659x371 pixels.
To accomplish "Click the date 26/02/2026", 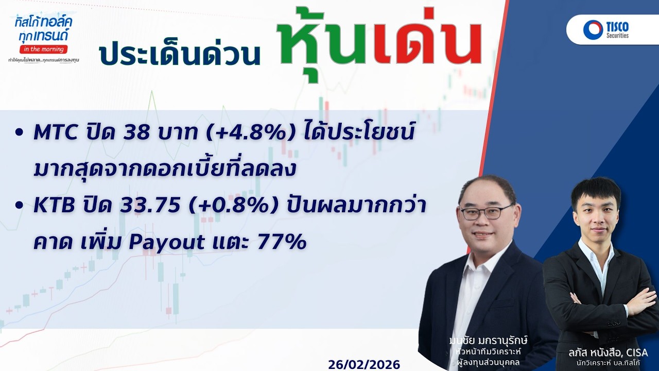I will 364,364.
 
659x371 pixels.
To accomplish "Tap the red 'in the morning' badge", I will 43,49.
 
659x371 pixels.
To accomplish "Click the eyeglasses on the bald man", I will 485,212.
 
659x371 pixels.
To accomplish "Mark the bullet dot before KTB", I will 20,206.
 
